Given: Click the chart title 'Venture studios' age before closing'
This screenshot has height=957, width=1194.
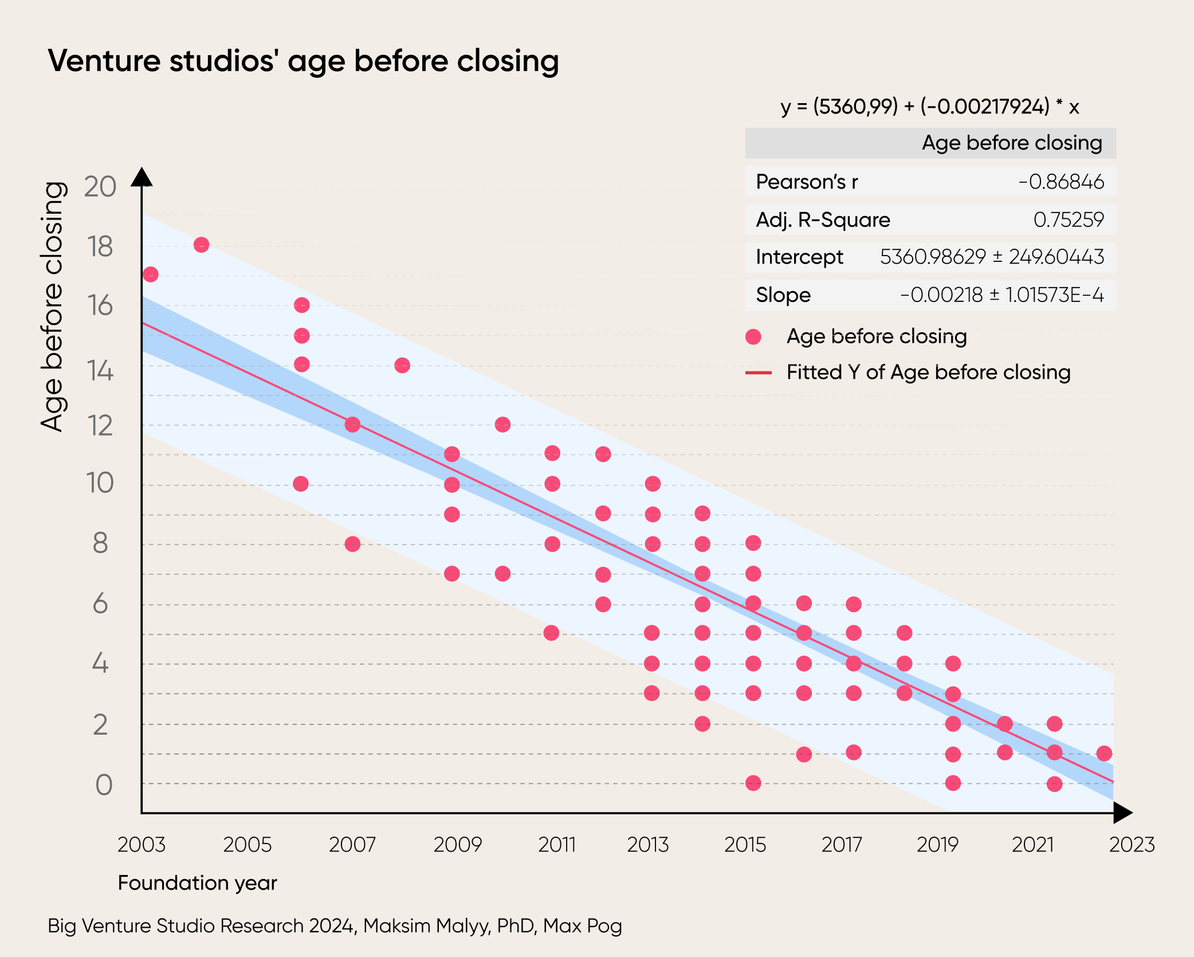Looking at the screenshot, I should (x=303, y=61).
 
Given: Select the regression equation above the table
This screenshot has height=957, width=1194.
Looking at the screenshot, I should (x=929, y=107).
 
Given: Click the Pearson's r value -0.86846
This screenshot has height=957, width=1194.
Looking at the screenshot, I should (x=1061, y=182).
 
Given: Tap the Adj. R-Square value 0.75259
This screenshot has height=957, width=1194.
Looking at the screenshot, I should (x=1068, y=219).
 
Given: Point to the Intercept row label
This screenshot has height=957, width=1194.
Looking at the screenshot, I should (x=799, y=257).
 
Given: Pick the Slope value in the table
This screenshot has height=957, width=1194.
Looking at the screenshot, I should (x=1001, y=295).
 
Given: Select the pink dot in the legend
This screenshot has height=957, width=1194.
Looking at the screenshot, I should (x=753, y=337).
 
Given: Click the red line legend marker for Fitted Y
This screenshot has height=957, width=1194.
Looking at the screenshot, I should (x=759, y=373).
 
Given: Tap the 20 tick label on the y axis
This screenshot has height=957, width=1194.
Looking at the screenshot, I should (x=100, y=187).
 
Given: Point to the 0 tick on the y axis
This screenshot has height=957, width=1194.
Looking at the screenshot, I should (x=103, y=785).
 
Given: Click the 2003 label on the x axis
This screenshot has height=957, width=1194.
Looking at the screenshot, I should (x=141, y=845).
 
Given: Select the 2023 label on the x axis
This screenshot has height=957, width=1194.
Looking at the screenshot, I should (x=1132, y=845).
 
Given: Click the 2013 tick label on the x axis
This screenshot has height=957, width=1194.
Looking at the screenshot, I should (x=647, y=845).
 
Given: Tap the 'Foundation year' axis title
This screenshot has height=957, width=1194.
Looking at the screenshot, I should (x=197, y=883).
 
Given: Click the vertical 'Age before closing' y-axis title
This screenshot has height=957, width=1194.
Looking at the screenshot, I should (x=52, y=307).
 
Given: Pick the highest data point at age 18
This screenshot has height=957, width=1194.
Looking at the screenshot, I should (x=201, y=245).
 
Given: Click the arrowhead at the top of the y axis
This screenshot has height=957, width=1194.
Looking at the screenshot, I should (x=142, y=177).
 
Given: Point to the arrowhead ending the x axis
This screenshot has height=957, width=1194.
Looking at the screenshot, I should (x=1122, y=813).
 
